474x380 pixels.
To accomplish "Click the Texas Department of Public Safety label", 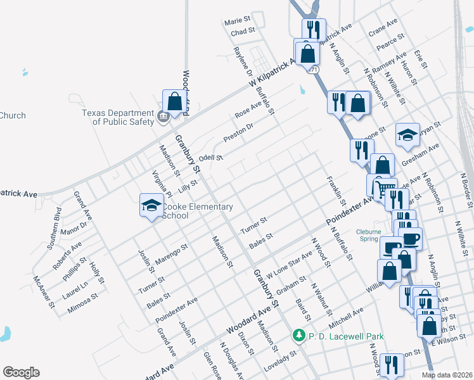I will [118, 117].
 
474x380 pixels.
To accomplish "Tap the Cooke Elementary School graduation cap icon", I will [151, 205].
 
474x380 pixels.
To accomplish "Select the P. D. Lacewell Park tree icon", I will [298, 335].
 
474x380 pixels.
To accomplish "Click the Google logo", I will [21, 372].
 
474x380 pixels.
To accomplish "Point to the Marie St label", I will [238, 22].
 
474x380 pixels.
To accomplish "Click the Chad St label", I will [243, 32].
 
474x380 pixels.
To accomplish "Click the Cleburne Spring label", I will [369, 235].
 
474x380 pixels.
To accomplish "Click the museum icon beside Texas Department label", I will [162, 116].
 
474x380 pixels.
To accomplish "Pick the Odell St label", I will [211, 158].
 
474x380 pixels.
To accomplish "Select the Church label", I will [13, 115].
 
